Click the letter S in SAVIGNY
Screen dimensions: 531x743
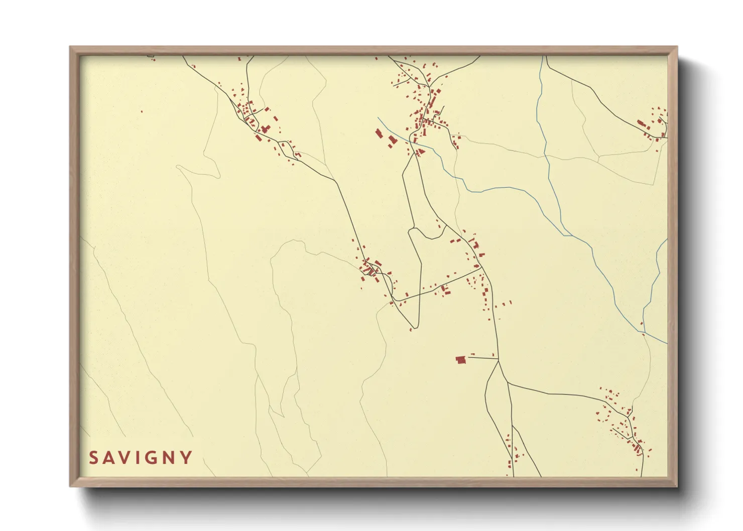click(93, 458)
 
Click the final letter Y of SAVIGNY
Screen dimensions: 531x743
click(186, 458)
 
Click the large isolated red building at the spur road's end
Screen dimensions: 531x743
click(460, 359)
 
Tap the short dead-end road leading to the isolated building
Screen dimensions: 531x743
click(482, 358)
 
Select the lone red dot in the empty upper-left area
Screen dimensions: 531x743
click(142, 111)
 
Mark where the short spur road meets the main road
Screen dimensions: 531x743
click(498, 359)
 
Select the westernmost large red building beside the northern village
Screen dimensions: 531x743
click(379, 133)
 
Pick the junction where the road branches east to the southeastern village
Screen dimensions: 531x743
click(508, 383)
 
